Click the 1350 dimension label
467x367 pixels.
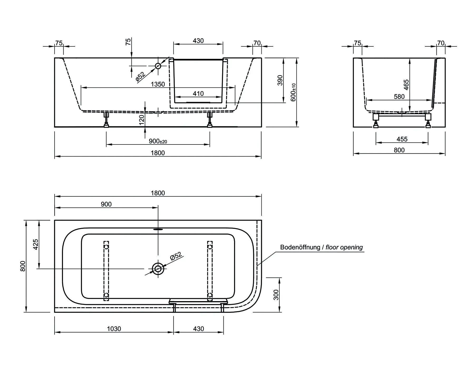tap(158, 84)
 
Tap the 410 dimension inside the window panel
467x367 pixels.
tap(198, 94)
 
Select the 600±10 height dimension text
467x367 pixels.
tap(293, 92)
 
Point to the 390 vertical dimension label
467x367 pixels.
tap(280, 80)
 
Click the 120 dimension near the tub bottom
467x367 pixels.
tap(142, 120)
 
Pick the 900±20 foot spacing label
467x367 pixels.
tap(158, 141)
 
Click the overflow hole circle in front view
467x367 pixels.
tap(158, 66)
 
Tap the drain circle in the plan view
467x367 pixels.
tap(158, 269)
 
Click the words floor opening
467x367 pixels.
tap(344, 247)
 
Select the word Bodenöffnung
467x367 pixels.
tap(300, 247)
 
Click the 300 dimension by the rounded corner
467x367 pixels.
tap(276, 295)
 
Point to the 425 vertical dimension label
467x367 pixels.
tap(36, 244)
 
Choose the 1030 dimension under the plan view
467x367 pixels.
tap(114, 329)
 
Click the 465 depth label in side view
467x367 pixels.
tap(406, 85)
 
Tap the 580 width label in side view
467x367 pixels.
tap(399, 97)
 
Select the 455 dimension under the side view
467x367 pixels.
tap(402, 139)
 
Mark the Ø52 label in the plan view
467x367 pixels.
tap(176, 256)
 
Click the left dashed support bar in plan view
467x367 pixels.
tap(106, 271)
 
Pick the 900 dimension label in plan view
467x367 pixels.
tap(106, 204)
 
